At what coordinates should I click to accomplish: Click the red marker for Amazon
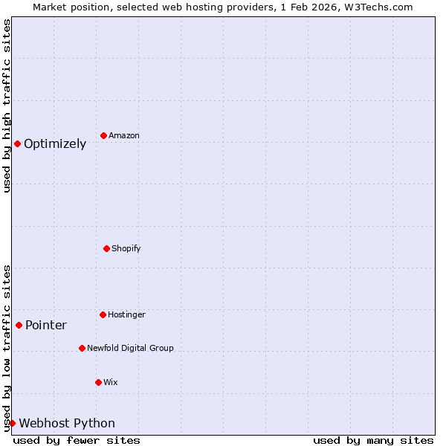[103, 135]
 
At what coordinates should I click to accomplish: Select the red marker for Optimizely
[17, 143]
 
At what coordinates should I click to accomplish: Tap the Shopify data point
[106, 248]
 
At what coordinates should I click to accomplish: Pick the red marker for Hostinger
[103, 314]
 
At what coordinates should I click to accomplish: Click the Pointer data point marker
[19, 325]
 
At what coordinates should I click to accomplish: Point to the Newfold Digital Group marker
[82, 348]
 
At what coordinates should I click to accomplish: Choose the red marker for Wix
[98, 382]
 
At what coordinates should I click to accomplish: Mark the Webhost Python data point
[12, 423]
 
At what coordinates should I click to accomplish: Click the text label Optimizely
[55, 144]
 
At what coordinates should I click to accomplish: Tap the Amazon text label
[124, 136]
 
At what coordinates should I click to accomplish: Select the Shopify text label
[126, 248]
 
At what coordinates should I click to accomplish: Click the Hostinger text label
[126, 315]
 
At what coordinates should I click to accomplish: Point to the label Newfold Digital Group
[130, 348]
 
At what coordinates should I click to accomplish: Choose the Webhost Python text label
[67, 424]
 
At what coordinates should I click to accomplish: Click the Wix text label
[110, 383]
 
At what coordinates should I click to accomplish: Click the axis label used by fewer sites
[77, 440]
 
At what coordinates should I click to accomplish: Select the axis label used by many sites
[373, 440]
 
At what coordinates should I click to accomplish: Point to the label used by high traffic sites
[7, 106]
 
